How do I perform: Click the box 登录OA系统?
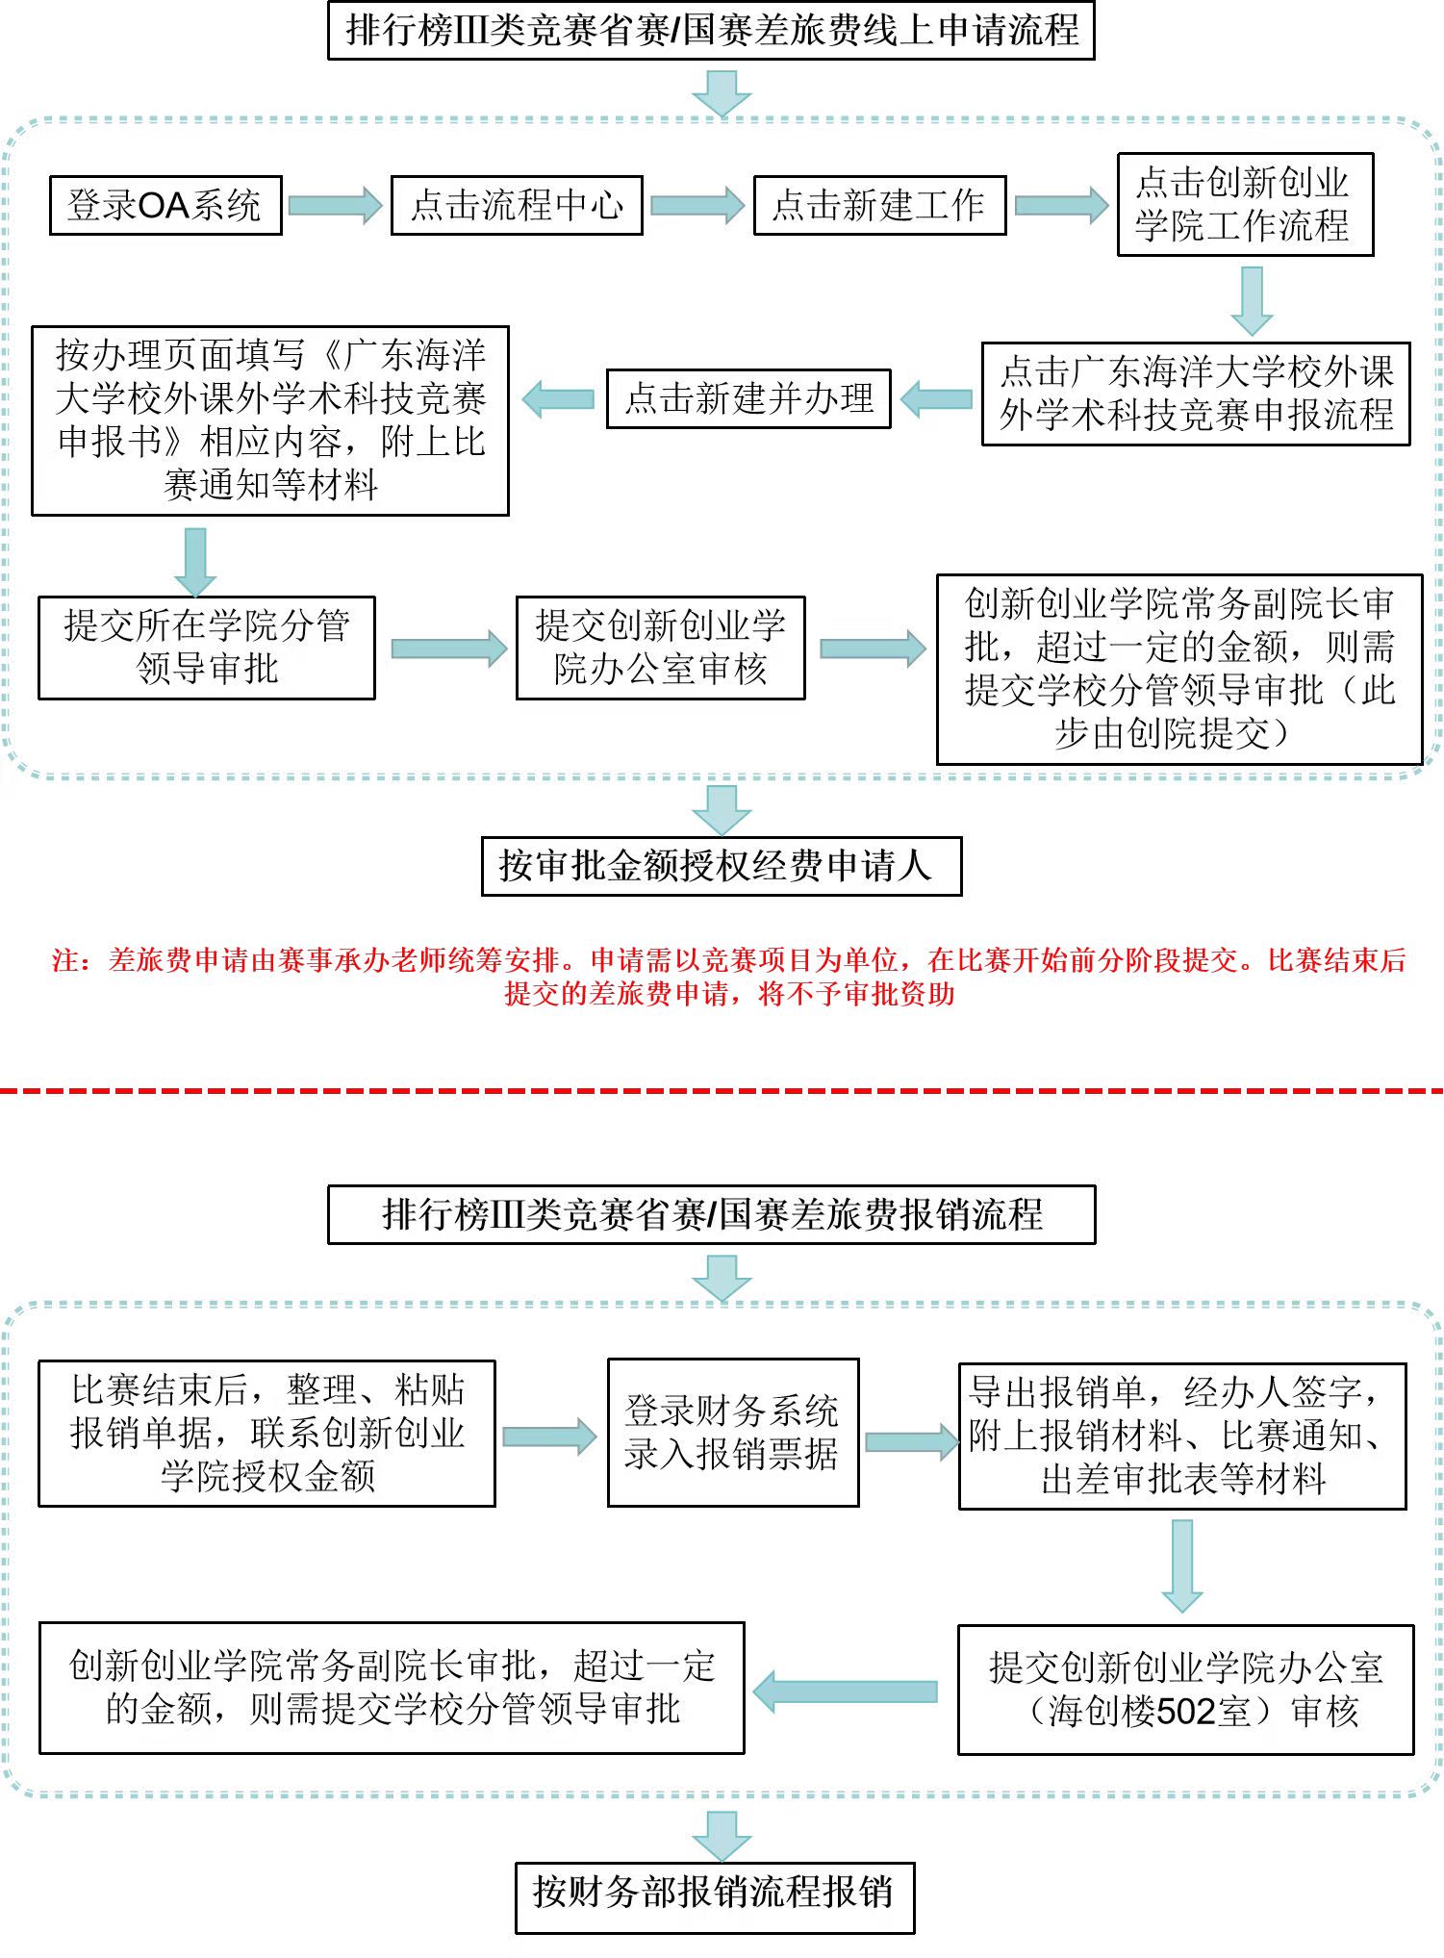pos(165,205)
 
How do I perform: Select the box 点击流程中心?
pos(517,205)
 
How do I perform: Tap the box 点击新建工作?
pos(879,205)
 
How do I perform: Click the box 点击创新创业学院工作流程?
pos(1244,204)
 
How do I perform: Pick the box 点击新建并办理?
pos(748,398)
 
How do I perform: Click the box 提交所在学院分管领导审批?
pos(206,648)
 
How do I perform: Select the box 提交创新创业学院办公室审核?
pos(660,648)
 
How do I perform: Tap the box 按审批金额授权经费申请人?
pos(721,866)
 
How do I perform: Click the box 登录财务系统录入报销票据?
pos(732,1433)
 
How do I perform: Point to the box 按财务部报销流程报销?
pos(714,1892)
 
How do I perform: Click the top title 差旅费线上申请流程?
pos(711,31)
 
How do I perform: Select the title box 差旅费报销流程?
pos(711,1214)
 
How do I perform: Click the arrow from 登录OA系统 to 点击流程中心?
pos(335,205)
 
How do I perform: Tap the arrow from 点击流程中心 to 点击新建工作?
pos(697,205)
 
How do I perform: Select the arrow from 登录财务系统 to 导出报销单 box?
pos(909,1440)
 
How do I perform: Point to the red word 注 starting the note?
pos(65,960)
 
